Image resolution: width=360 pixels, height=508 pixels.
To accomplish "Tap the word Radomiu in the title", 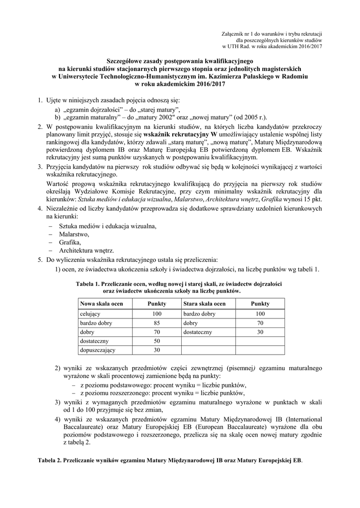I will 296,76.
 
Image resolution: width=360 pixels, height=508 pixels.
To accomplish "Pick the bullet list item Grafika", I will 70,242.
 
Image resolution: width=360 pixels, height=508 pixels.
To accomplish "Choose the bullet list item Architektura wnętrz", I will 86,251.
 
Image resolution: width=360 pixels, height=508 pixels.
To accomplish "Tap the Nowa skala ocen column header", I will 101,303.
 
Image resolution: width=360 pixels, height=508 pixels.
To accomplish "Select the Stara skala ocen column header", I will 204,303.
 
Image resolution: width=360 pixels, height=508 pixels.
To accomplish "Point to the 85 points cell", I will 157,323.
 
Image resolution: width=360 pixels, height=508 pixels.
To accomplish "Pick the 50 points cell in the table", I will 157,341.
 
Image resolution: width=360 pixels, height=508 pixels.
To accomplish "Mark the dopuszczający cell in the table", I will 97,350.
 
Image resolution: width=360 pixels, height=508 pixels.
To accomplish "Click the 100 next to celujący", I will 157,314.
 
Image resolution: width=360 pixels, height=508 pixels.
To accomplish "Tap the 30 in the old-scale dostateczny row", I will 260,332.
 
